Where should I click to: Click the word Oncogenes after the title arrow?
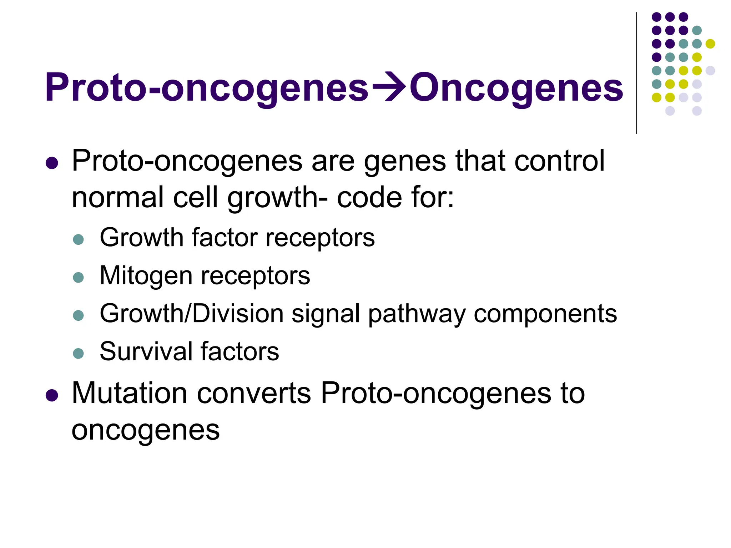coord(516,88)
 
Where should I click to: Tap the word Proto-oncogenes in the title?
coord(206,88)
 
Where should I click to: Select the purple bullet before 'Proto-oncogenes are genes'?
coord(52,163)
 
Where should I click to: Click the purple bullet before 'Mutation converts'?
coord(52,395)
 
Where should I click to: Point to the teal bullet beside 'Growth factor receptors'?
coord(78,239)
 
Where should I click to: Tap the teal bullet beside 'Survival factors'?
coord(78,353)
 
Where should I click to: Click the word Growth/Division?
coord(191,314)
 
